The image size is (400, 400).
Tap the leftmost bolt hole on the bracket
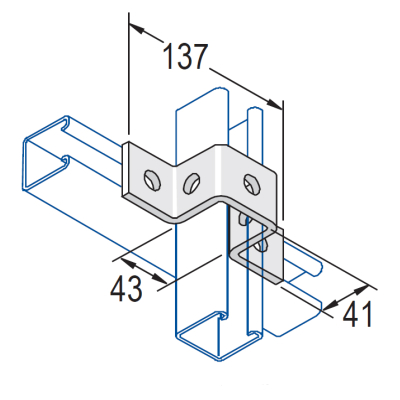[150, 180]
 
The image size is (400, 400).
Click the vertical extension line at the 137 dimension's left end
[128, 80]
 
